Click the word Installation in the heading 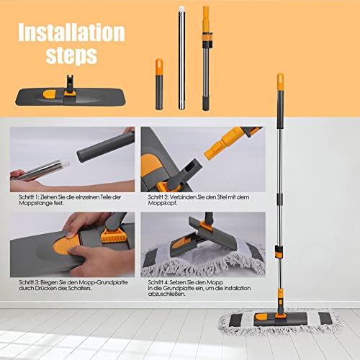71,33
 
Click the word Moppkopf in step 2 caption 164,205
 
